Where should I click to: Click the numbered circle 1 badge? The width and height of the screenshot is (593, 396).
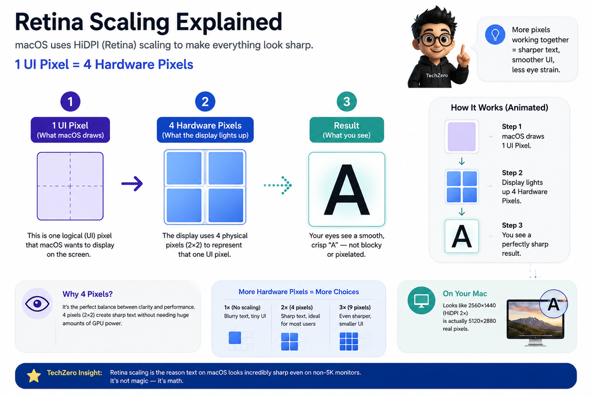(x=70, y=101)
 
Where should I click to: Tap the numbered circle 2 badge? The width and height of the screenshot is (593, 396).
(x=205, y=101)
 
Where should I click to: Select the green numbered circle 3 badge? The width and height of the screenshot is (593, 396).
(x=346, y=101)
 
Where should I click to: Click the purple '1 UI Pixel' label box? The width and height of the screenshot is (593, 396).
(x=70, y=130)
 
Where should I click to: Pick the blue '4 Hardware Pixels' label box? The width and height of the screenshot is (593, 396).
(x=206, y=130)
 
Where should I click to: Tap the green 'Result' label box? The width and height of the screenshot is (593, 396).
(x=346, y=130)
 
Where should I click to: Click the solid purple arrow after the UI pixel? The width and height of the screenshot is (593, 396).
(x=132, y=184)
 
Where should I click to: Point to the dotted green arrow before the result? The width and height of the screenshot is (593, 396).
(x=277, y=185)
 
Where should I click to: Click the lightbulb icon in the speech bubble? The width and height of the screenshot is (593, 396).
(x=495, y=34)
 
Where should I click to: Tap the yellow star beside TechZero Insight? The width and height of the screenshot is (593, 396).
(x=34, y=376)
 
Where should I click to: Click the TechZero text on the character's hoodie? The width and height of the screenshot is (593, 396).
(x=437, y=75)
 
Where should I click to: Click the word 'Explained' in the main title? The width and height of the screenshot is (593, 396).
(x=229, y=22)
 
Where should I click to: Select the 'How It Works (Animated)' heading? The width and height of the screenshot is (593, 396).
(x=499, y=107)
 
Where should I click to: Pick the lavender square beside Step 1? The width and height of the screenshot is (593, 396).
(x=462, y=136)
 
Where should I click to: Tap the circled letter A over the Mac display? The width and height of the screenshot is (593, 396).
(x=553, y=304)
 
